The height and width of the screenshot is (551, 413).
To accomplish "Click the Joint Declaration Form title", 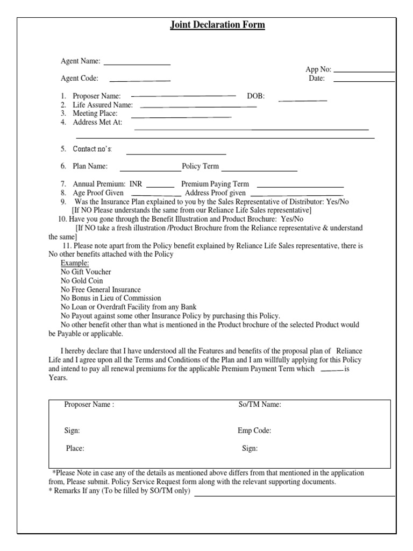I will [x=217, y=25].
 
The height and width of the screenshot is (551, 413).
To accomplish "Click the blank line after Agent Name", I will [x=137, y=65].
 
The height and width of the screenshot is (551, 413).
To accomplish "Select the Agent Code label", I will [x=80, y=78].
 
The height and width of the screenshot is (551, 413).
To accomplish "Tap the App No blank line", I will [x=364, y=72].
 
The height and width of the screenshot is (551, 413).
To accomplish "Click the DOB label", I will [x=256, y=96].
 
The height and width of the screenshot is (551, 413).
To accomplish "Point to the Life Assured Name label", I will [x=103, y=105].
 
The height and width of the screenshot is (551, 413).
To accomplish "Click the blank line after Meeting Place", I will [x=181, y=117].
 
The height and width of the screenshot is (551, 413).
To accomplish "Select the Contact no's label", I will [x=92, y=149].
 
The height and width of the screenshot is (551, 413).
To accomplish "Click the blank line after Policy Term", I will [x=259, y=171].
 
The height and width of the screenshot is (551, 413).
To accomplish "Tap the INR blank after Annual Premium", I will [x=160, y=187].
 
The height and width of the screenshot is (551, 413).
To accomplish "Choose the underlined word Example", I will [x=75, y=263].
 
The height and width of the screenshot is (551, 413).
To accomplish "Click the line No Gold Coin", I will [x=82, y=280].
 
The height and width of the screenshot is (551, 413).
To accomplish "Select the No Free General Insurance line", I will [x=101, y=289].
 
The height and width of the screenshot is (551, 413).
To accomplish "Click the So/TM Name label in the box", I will [x=260, y=405].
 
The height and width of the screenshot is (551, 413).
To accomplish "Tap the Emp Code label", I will [x=254, y=430].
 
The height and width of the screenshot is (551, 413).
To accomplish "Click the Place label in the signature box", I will [x=75, y=448].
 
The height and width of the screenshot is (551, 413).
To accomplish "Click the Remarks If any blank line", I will [x=295, y=496].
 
